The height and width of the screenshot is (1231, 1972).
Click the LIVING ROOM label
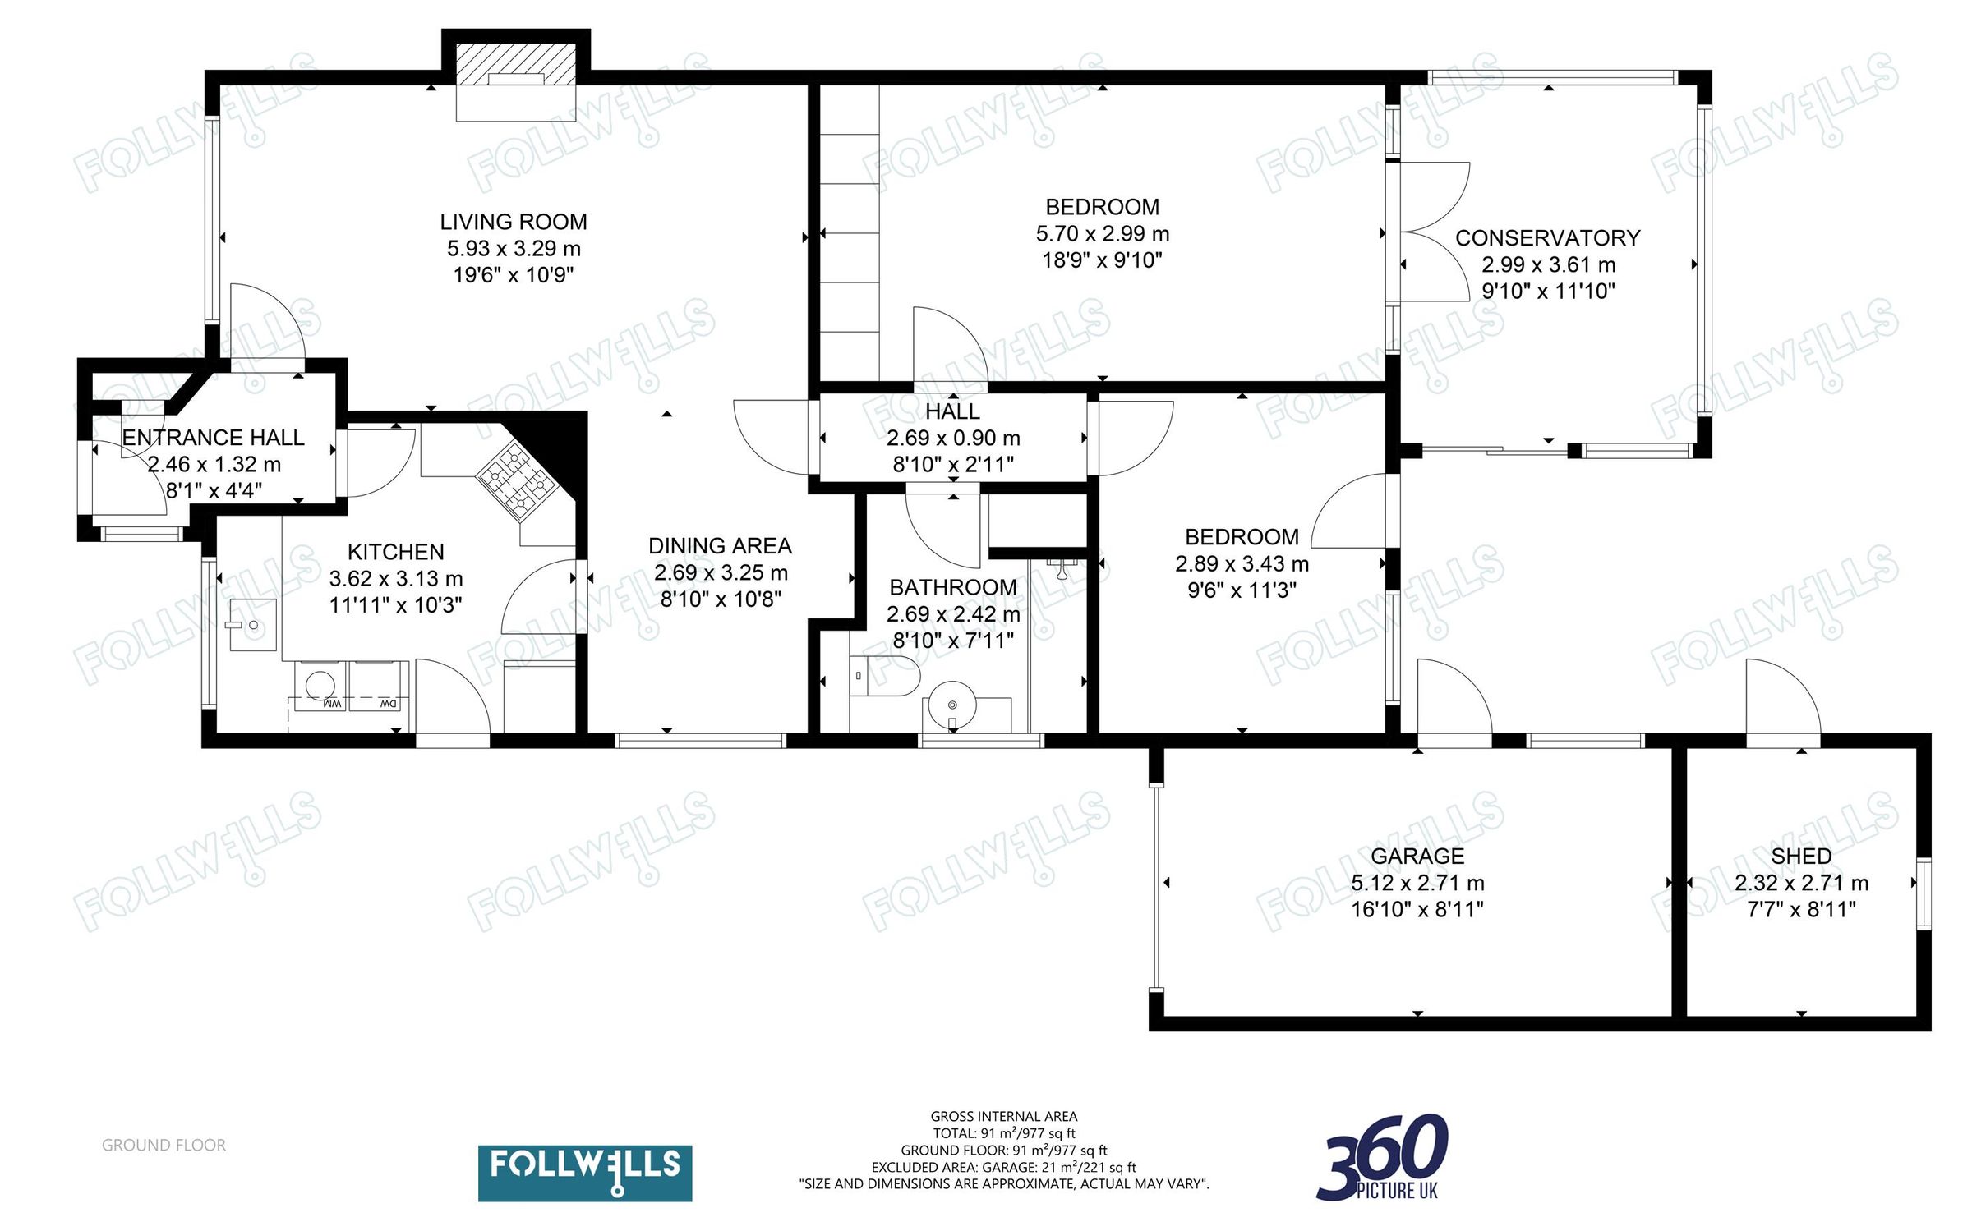pyautogui.click(x=513, y=222)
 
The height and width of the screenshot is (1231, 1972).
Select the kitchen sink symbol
pyautogui.click(x=252, y=625)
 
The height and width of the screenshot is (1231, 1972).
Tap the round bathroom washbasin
pyautogui.click(x=952, y=705)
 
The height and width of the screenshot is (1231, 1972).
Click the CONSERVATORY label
pyautogui.click(x=1547, y=238)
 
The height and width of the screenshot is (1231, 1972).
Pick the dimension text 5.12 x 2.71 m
pyautogui.click(x=1417, y=883)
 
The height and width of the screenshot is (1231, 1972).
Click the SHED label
pyautogui.click(x=1801, y=857)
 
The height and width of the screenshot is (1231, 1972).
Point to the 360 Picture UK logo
pyautogui.click(x=1383, y=1158)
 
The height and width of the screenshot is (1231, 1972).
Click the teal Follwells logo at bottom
pyautogui.click(x=584, y=1173)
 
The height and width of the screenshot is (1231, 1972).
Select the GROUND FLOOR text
pyautogui.click(x=164, y=1145)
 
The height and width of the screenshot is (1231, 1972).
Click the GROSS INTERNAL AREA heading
pyautogui.click(x=1003, y=1116)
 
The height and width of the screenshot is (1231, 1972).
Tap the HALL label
pyautogui.click(x=952, y=411)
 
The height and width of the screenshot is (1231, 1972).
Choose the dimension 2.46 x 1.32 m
pyautogui.click(x=214, y=464)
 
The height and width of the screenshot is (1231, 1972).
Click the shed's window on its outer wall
pyautogui.click(x=1923, y=893)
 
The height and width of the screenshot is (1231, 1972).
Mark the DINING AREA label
pyautogui.click(x=720, y=546)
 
